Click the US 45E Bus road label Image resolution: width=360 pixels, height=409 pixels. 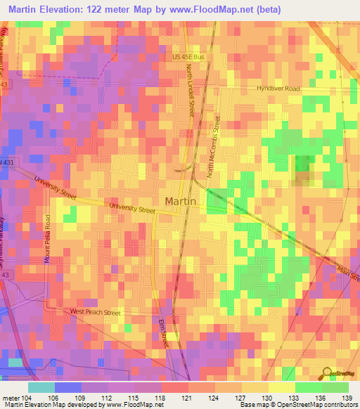point(191,58)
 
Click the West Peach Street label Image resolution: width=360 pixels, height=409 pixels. point(95,312)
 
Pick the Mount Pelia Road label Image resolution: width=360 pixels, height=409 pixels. point(49,238)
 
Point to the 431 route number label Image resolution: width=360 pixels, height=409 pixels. point(6,162)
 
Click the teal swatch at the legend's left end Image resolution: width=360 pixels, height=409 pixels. point(41,387)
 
